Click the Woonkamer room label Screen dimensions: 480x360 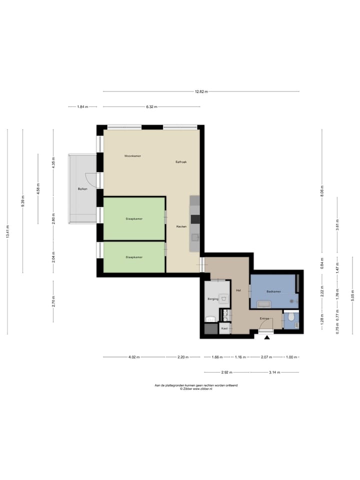coord(132,156)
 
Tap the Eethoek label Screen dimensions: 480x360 coord(181,161)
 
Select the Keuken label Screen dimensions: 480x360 coord(181,227)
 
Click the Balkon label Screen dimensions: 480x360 coord(82,189)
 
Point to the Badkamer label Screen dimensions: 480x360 coord(273,291)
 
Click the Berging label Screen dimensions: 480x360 coord(213,299)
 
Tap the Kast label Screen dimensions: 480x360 coord(224,328)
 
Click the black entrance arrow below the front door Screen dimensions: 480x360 coord(267,338)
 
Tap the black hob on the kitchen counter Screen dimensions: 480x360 coord(195,218)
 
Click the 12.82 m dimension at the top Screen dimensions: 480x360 coord(201,91)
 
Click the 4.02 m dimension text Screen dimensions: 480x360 coord(134,357)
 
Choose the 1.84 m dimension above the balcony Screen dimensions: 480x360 coord(82,106)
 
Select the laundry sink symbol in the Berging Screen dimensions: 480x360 coord(224,299)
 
